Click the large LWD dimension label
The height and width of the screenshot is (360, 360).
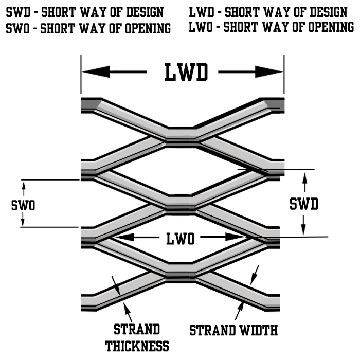(x=186, y=73)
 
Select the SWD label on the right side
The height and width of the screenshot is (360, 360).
(x=304, y=204)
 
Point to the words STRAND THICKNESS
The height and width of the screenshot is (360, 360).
(x=137, y=337)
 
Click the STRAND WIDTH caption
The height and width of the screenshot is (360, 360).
(x=233, y=330)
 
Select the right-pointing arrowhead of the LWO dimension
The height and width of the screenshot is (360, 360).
(x=237, y=237)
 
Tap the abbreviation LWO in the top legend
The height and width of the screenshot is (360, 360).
(x=198, y=27)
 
